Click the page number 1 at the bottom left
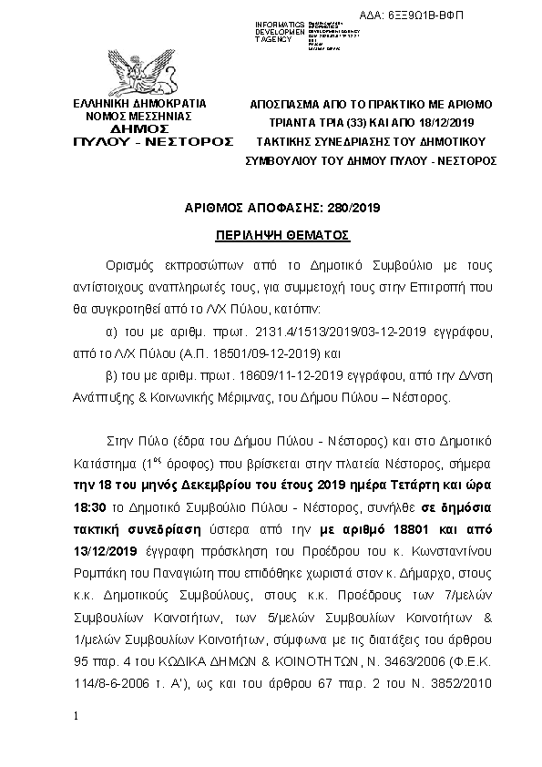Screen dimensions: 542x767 79,717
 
